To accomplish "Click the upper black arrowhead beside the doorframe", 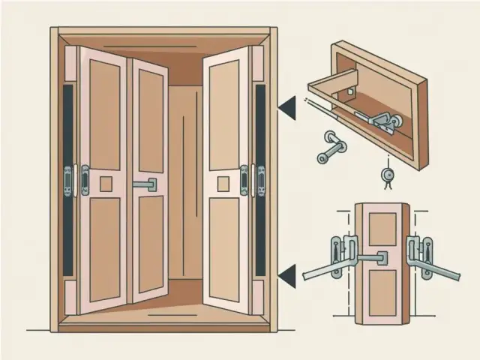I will coord(286,110).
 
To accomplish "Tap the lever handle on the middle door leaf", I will coord(145,184).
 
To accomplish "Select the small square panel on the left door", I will coord(105,182).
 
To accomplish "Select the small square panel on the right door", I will coord(225,181).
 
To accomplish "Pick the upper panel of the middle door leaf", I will coord(150,120).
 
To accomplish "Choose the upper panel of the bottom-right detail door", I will coord(382,229).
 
